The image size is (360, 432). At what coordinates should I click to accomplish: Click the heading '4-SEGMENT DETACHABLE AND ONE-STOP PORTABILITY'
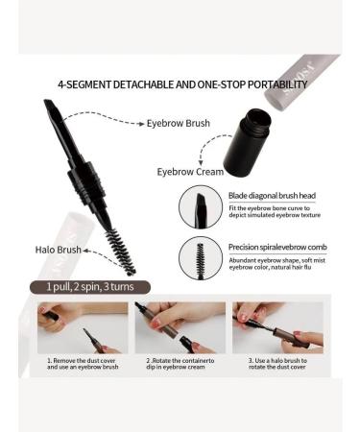(181, 84)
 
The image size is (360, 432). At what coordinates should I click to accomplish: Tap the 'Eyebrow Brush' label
(179, 124)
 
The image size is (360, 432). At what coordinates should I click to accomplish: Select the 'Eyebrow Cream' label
(185, 171)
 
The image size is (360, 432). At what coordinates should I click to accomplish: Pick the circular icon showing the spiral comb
(200, 258)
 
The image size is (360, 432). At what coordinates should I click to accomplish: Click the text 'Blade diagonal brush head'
(272, 195)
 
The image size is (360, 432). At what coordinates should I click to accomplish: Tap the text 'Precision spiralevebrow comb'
(278, 247)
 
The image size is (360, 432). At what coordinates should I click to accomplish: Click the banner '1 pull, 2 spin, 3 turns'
(90, 286)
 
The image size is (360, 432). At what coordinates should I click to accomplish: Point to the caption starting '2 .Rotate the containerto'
(180, 366)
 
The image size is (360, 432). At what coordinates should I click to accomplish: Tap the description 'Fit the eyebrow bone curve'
(275, 211)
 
